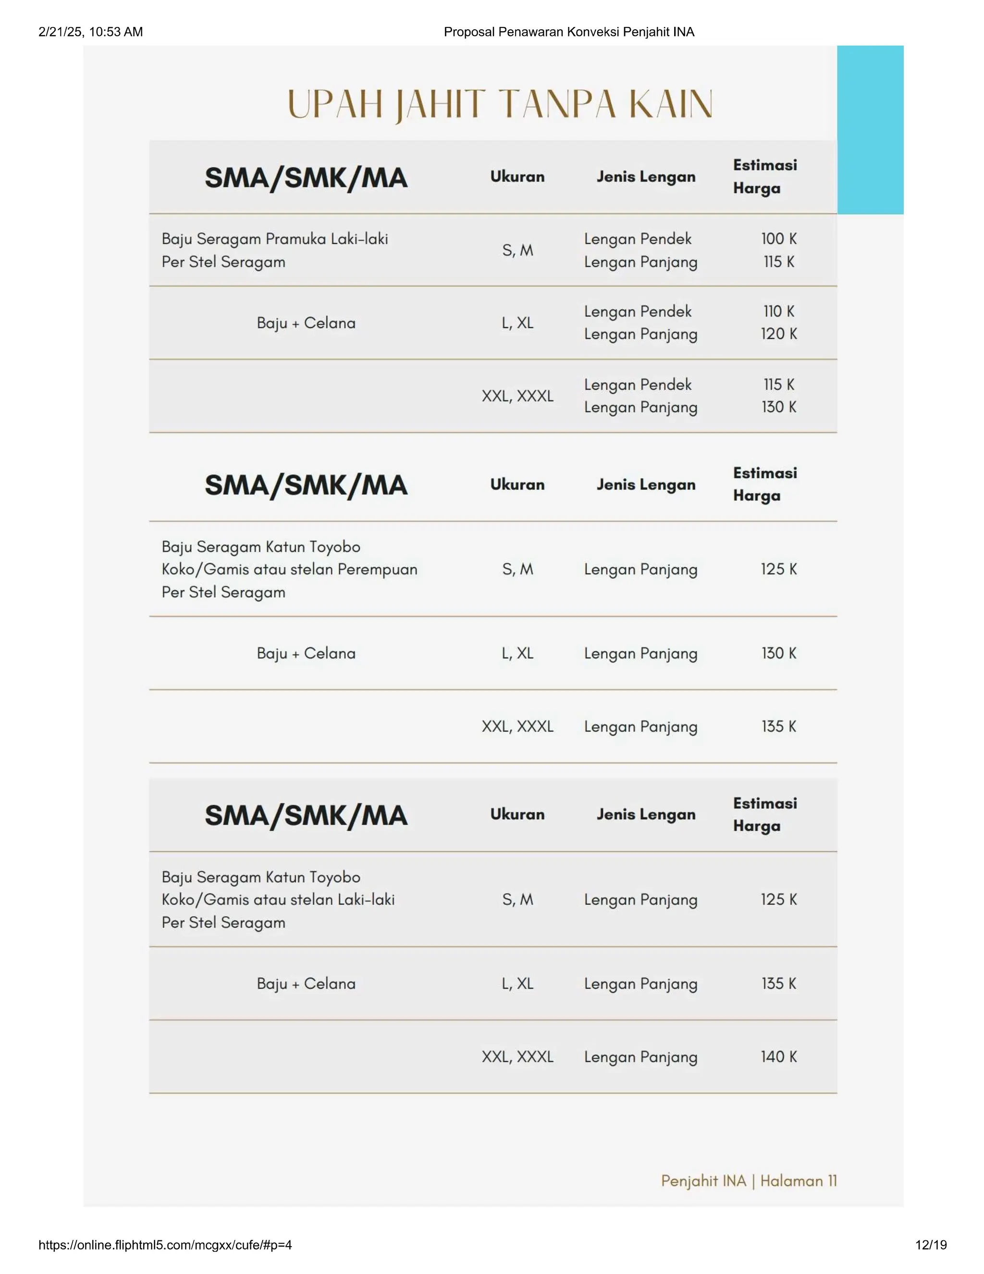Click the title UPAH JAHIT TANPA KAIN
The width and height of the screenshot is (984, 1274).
(500, 105)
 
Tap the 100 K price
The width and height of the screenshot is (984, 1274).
(778, 238)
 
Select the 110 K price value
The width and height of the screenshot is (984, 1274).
(778, 312)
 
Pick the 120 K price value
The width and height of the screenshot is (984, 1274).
(778, 334)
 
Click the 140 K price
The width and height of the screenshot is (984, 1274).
(778, 1056)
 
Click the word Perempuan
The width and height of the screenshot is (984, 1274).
(377, 569)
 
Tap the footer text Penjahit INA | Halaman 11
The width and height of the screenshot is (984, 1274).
(749, 1181)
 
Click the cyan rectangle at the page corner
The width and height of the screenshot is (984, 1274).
(870, 129)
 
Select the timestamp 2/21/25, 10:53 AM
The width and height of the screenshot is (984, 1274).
(90, 32)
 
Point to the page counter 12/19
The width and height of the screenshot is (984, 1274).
(931, 1245)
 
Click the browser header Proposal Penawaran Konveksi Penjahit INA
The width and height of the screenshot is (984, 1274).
(568, 32)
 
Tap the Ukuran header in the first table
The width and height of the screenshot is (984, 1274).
(517, 177)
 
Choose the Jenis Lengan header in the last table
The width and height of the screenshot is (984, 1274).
(645, 814)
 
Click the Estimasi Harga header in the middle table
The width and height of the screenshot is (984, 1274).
(764, 484)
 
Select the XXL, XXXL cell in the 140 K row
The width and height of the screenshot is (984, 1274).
(517, 1056)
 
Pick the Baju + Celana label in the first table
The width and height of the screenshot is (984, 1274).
(306, 323)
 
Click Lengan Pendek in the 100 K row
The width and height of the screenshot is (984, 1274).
(637, 238)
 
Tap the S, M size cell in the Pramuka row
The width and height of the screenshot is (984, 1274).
(517, 250)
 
